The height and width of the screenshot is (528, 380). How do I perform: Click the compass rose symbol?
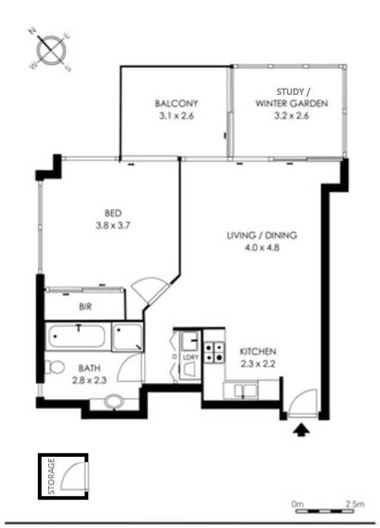click(x=51, y=50)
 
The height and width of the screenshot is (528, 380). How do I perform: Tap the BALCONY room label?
click(x=176, y=103)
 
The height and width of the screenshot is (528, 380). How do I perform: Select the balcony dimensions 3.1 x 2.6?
click(x=176, y=116)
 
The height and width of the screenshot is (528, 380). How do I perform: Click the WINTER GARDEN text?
click(x=292, y=103)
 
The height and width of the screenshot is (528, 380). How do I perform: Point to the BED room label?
click(x=113, y=213)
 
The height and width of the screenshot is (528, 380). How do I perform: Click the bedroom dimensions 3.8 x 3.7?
click(x=113, y=225)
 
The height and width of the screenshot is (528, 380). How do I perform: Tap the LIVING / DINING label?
click(x=262, y=235)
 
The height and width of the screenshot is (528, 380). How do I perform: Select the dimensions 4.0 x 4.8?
click(x=262, y=248)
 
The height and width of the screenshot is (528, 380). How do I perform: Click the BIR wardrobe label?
click(x=85, y=307)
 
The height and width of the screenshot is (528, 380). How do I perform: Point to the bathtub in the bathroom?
click(x=77, y=336)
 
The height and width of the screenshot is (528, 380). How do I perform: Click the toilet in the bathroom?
click(x=55, y=367)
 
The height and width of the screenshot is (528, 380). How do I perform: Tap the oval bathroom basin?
click(x=114, y=402)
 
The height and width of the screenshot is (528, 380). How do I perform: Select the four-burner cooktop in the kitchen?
click(x=214, y=352)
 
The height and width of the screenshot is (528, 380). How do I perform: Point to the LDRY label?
click(x=191, y=357)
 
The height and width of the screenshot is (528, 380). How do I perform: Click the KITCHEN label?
click(x=258, y=352)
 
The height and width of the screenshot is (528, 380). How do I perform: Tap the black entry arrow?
click(x=301, y=430)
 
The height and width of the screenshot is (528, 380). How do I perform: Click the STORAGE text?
click(x=52, y=476)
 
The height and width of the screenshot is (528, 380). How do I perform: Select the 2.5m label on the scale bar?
click(x=355, y=504)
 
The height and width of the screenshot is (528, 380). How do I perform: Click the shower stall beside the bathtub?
click(x=127, y=337)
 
